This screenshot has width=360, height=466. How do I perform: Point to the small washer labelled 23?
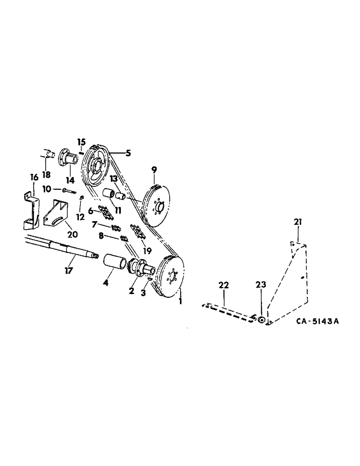262,320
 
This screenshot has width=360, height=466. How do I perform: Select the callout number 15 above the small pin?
82,142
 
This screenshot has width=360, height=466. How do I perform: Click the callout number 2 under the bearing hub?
132,290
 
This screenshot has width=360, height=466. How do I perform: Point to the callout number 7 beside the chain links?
95,225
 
